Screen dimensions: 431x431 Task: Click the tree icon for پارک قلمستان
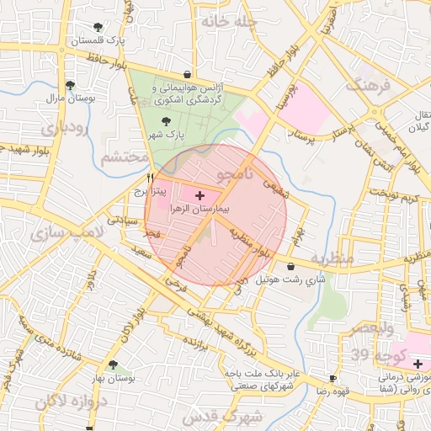tap(98, 27)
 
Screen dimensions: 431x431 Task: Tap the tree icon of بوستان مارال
tap(70, 85)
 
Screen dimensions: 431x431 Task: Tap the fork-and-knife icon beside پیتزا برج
tap(150, 178)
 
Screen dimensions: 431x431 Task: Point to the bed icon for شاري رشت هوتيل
tap(290, 267)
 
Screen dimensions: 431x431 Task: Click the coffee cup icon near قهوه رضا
tap(333, 379)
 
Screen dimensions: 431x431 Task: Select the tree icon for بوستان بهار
tap(112, 364)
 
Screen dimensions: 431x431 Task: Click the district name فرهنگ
tap(369, 85)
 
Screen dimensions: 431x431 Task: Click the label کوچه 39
tap(389, 354)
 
